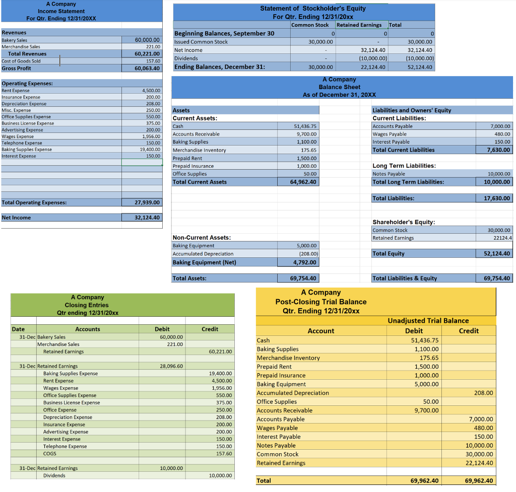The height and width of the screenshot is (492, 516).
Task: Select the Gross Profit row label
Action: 17,68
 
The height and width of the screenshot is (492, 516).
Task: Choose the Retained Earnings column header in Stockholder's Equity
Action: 359,25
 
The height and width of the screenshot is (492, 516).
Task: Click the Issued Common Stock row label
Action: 201,42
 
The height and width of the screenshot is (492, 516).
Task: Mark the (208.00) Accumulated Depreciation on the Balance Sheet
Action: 307,254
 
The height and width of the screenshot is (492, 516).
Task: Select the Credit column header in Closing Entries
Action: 210,329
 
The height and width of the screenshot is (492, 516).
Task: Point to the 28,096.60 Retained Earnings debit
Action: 171,366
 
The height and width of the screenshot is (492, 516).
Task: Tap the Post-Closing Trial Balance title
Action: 321,302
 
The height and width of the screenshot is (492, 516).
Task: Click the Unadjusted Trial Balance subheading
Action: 428,321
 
